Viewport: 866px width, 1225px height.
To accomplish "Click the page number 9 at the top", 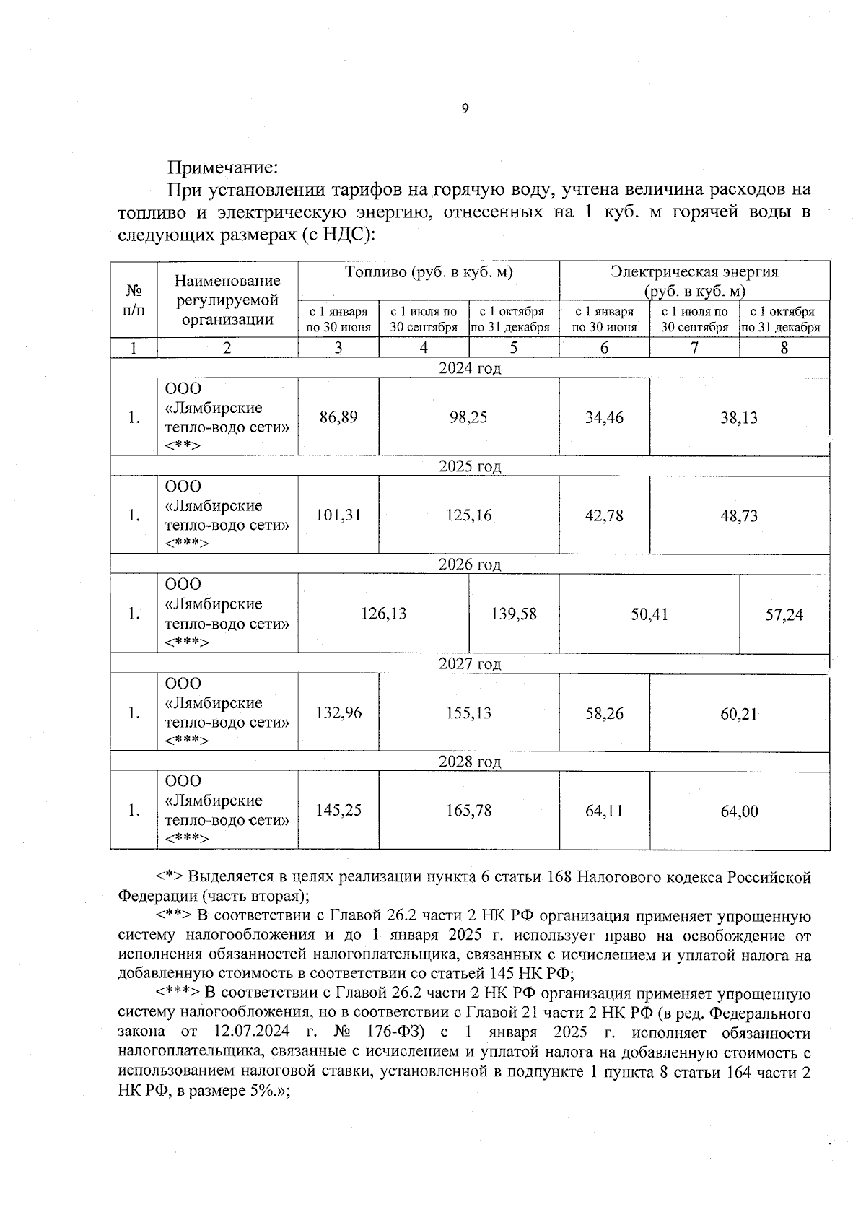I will [465, 109].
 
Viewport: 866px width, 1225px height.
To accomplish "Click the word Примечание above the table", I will [222, 168].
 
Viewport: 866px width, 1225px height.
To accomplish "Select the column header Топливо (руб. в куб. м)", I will [429, 272].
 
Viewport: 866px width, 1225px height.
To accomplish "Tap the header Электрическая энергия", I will [694, 272].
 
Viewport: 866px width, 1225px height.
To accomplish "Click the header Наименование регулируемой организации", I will [227, 300].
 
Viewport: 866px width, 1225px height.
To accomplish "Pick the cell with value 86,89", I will [338, 417].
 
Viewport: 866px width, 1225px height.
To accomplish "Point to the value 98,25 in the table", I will [468, 417].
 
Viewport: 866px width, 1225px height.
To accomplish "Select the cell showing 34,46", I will [604, 417].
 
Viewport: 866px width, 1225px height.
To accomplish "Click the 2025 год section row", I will [470, 466].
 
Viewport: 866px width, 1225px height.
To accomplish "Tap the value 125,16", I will [468, 515].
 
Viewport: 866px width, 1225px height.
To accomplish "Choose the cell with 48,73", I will [739, 516].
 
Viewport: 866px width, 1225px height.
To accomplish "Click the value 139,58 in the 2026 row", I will [514, 614].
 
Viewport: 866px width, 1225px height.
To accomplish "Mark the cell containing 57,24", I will [784, 615].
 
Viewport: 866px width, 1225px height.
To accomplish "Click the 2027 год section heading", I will [470, 664].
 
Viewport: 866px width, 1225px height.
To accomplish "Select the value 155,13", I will [468, 713].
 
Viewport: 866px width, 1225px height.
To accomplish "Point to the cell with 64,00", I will [739, 811].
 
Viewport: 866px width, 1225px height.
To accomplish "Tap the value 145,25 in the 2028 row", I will [338, 811].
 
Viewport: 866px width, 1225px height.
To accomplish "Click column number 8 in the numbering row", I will [784, 348].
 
